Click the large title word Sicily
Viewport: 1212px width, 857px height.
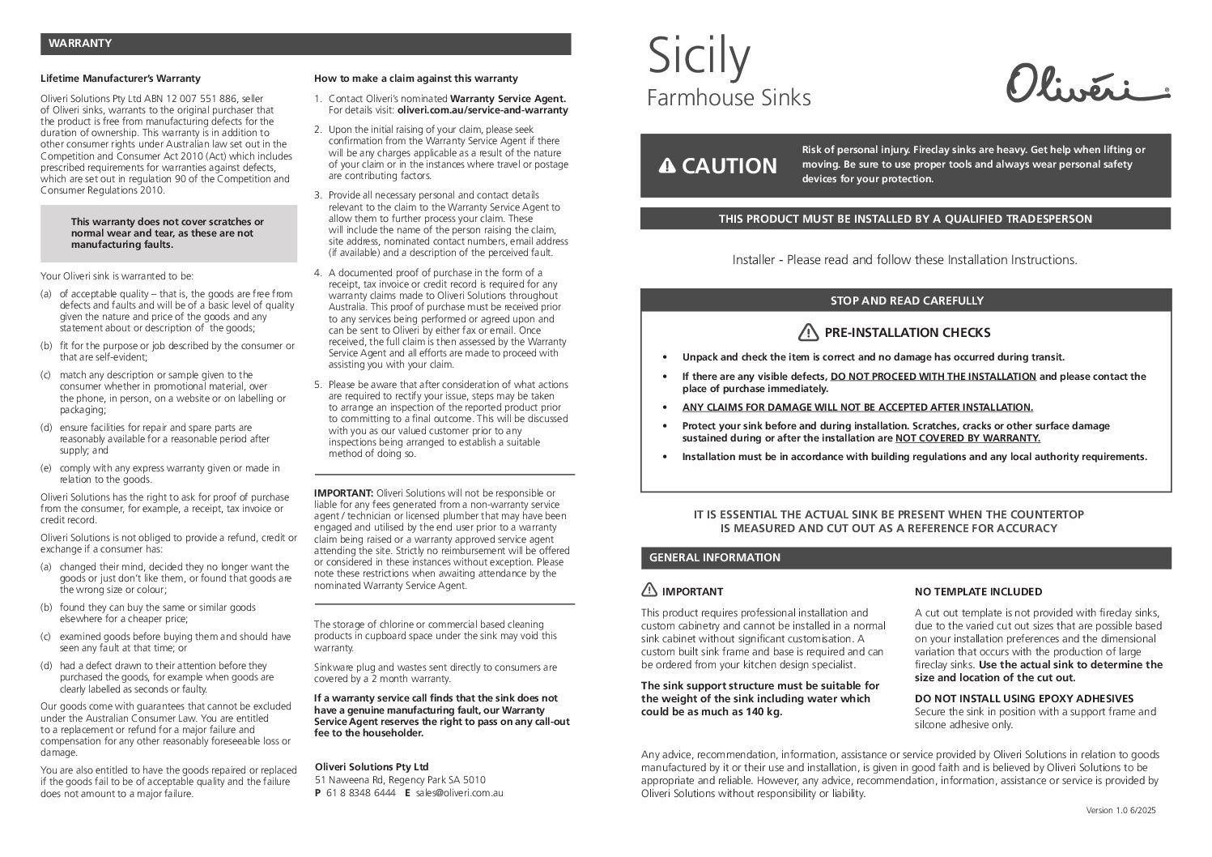(700, 56)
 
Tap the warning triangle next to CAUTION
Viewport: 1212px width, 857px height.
(666, 166)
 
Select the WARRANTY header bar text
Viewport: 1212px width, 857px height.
(79, 43)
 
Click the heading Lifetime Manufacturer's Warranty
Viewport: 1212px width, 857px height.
(121, 79)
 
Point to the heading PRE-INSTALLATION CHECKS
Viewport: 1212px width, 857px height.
(907, 332)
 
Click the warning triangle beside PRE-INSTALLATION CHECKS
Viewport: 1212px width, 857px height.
(808, 332)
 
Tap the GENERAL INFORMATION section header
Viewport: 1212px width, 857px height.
(714, 557)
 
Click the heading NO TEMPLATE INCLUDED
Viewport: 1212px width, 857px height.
(978, 591)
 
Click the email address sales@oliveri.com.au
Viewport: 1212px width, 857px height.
(459, 793)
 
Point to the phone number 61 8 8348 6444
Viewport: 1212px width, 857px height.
(361, 793)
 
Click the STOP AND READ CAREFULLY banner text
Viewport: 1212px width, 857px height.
(907, 301)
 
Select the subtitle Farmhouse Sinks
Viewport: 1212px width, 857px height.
(729, 98)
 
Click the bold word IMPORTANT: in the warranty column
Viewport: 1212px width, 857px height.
(343, 492)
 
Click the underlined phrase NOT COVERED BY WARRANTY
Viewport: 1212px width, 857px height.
(967, 438)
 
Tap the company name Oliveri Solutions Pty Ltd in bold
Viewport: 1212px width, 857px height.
(372, 766)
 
